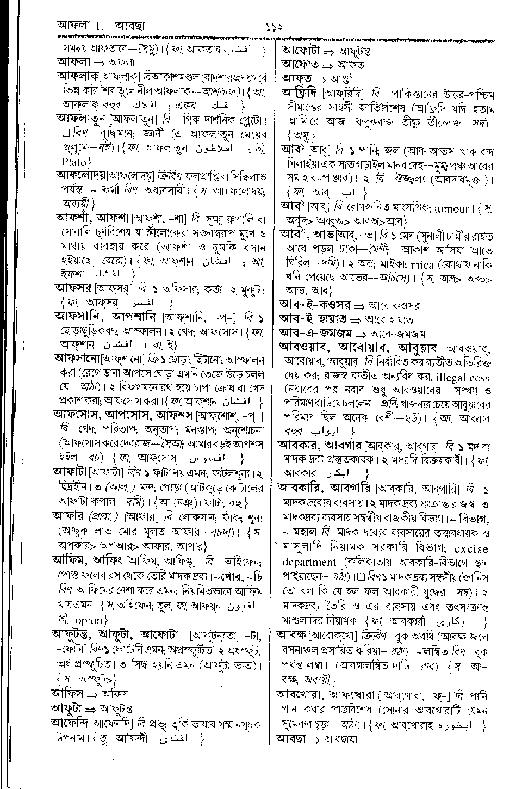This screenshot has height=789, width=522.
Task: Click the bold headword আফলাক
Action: point(78,75)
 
